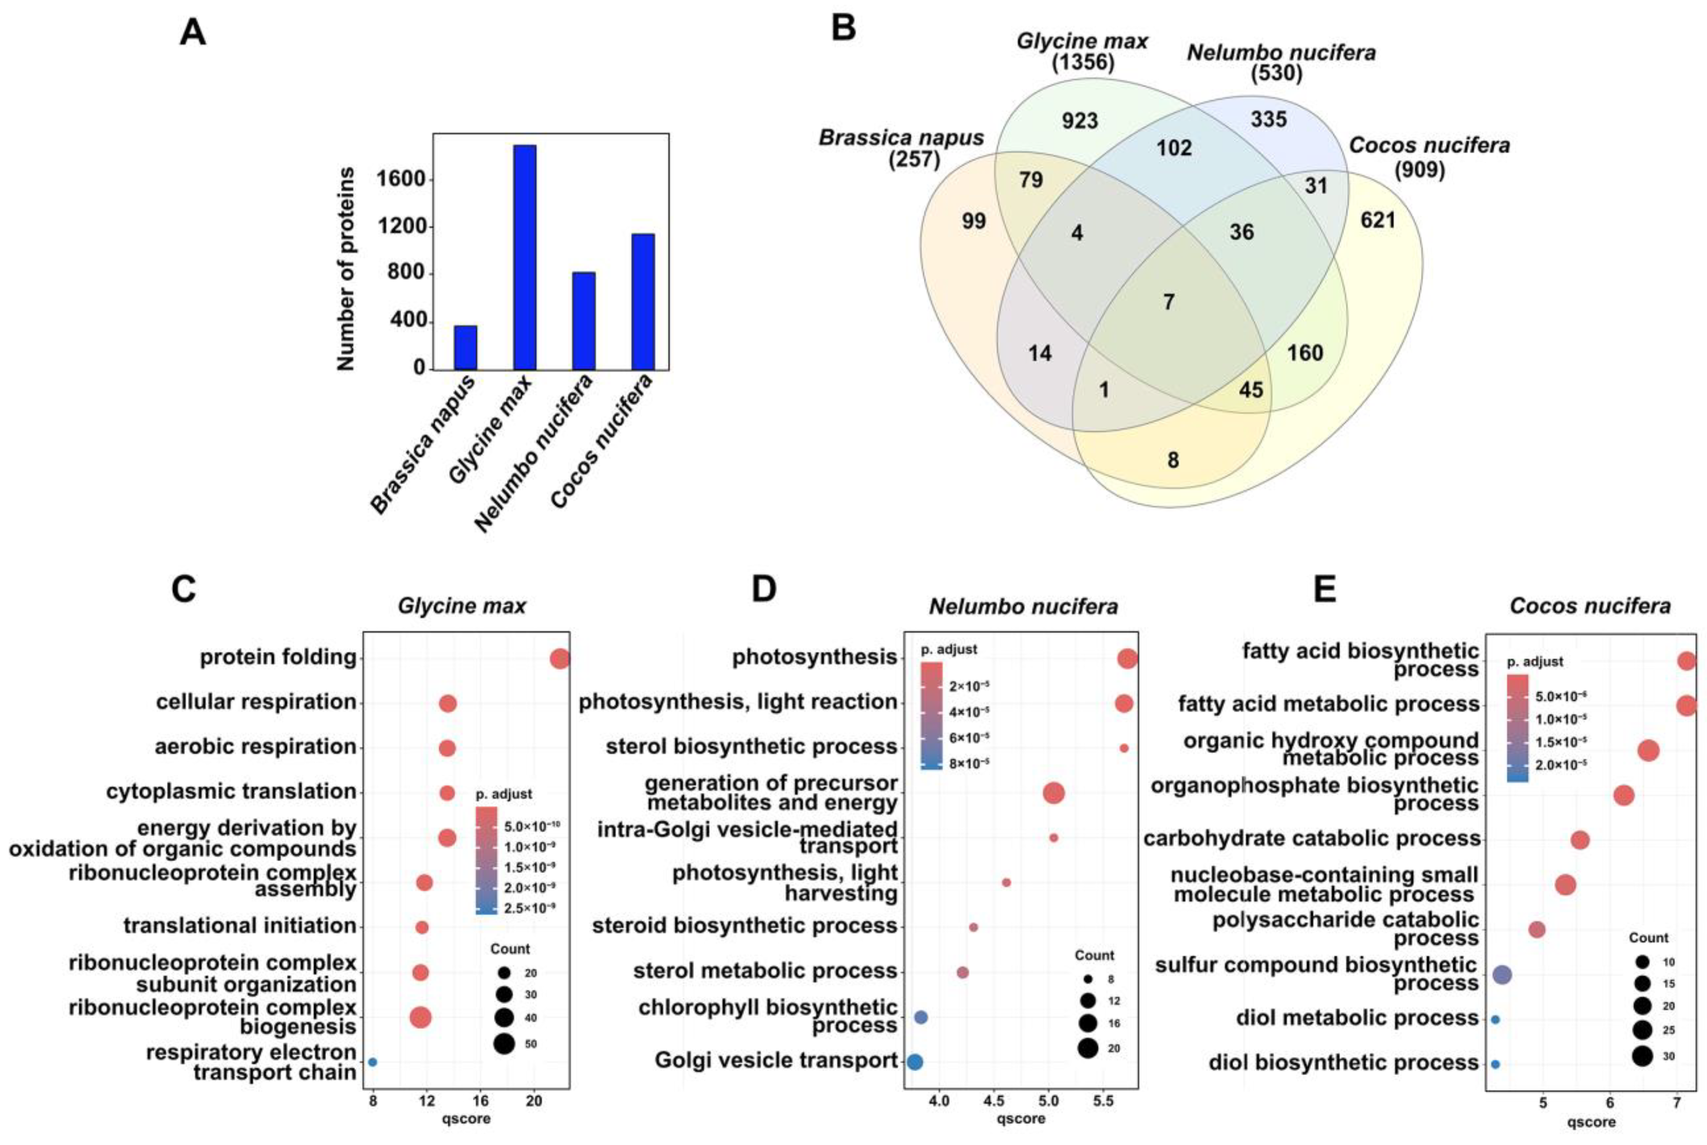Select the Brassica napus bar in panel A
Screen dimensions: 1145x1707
[465, 348]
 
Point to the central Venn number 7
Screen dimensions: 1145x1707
[1168, 301]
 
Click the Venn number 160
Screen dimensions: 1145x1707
[1305, 353]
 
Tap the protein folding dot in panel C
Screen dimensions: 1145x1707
[559, 659]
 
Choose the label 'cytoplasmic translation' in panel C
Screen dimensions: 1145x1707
[232, 792]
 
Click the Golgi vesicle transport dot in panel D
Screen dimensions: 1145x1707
[914, 1062]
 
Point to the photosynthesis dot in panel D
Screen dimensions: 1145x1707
[1127, 659]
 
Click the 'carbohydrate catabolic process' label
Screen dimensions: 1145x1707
[1311, 838]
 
